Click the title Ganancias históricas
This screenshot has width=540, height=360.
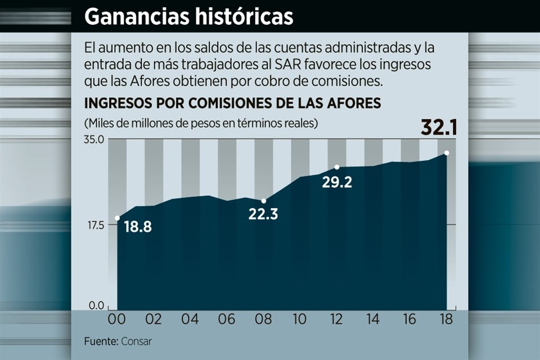pos(188,17)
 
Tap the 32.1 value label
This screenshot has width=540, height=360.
pos(439,128)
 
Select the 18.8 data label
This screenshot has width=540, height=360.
pos(137,227)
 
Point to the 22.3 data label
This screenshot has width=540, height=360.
pos(264,214)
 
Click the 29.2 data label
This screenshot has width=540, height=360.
pos(337,182)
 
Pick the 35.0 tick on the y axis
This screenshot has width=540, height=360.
pos(94,139)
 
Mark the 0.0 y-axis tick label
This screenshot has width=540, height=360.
pos(97,306)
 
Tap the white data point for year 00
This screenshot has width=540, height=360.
pos(117,218)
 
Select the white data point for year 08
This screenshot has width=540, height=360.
pos(263,201)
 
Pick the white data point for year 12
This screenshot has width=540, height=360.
pos(336,167)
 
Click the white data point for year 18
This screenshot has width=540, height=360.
pos(446,153)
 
